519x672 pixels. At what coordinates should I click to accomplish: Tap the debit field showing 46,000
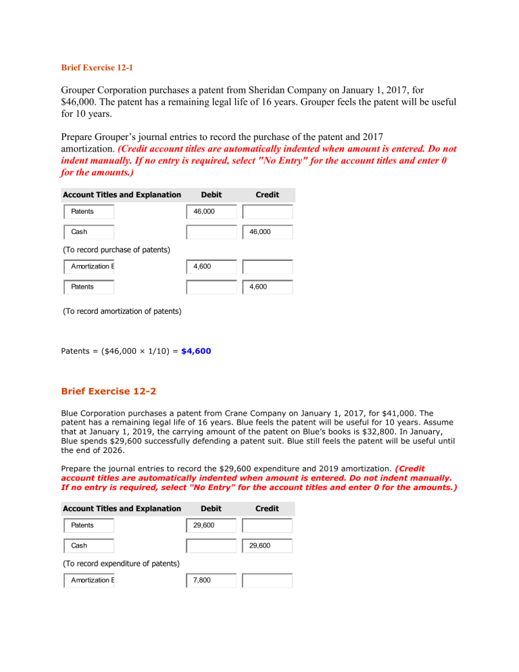pos(212,212)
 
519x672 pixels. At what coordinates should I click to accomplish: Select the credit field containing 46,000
pos(268,232)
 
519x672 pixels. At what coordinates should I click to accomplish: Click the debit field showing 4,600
pos(212,266)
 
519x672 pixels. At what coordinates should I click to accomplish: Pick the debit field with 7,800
pos(212,580)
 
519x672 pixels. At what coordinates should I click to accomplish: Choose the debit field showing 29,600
pos(212,525)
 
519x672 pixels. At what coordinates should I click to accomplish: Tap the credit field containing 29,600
pos(268,545)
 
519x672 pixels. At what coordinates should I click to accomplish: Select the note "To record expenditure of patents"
pos(120,563)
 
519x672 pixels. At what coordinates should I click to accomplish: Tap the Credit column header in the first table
pos(268,195)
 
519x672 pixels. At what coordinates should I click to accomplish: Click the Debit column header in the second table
pos(212,508)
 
